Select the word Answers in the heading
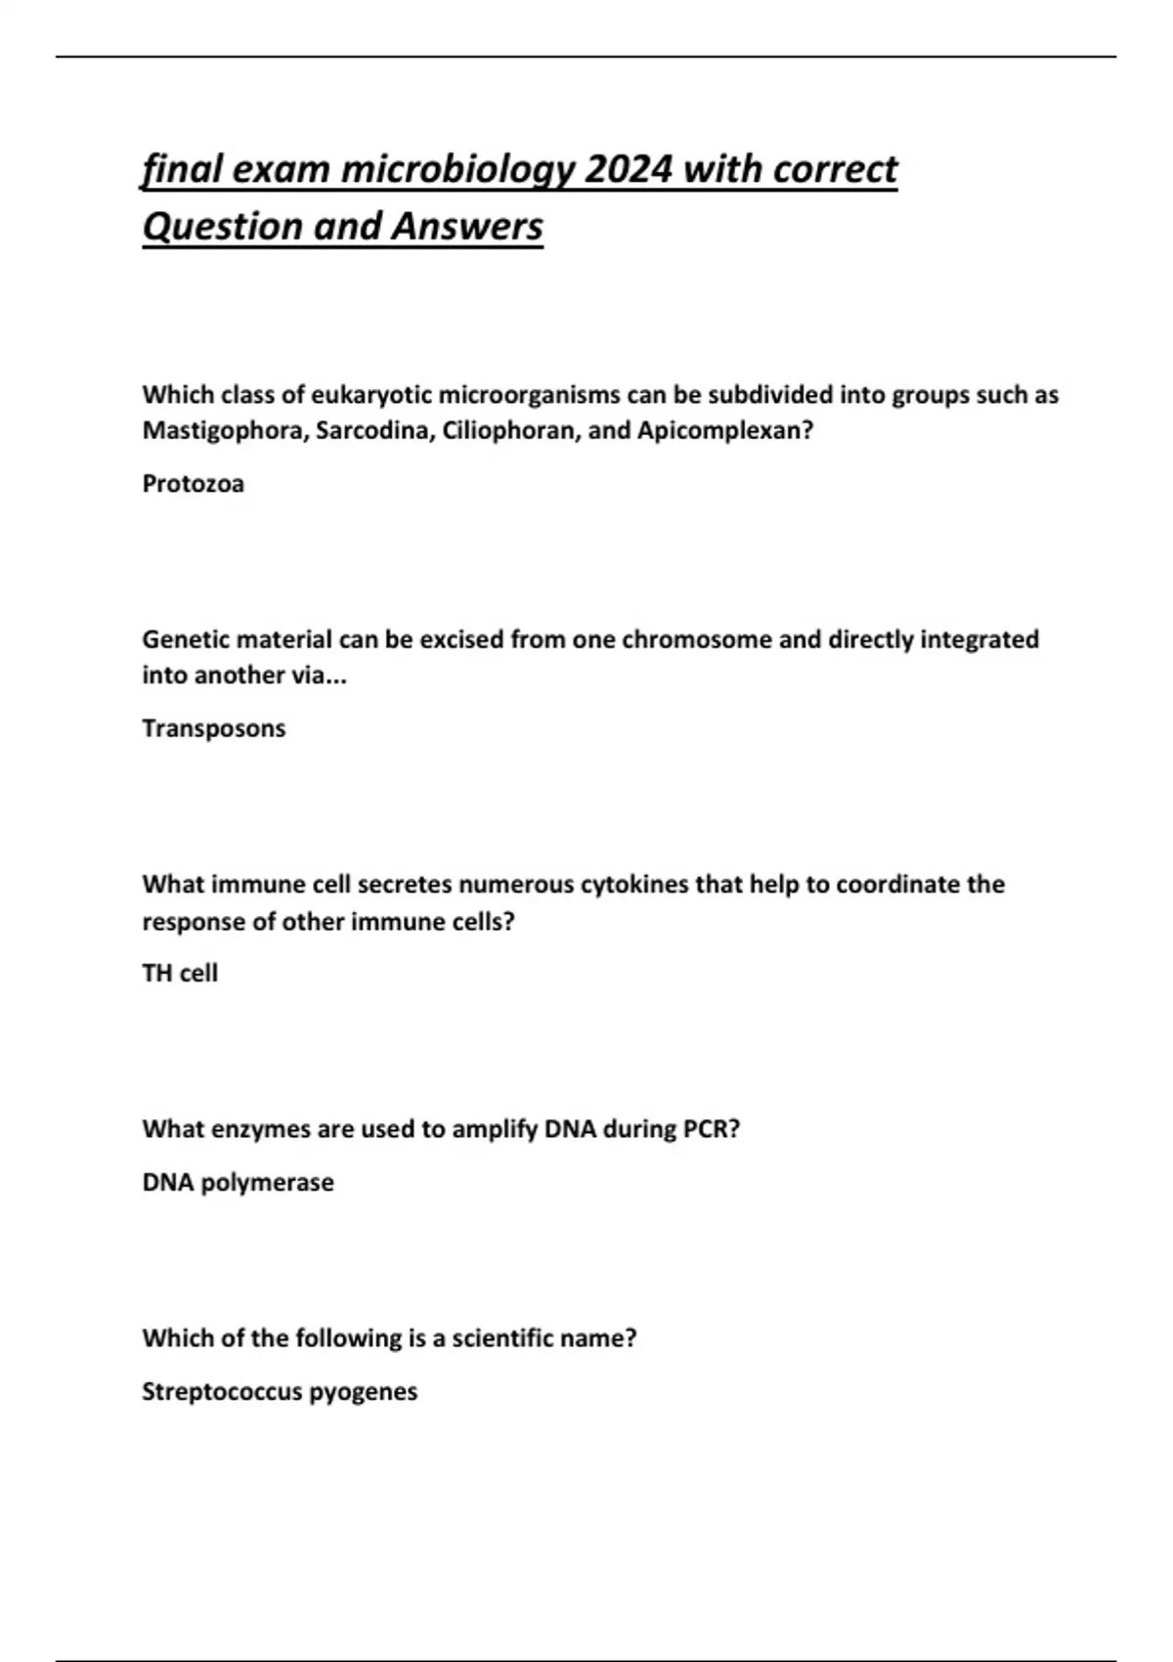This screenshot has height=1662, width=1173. (x=467, y=227)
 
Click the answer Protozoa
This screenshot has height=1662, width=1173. (x=193, y=484)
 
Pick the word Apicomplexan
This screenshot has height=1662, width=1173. (x=724, y=431)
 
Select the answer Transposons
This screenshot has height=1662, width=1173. (x=214, y=728)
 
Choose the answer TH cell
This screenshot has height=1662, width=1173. (x=180, y=974)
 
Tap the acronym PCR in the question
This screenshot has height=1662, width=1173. (x=712, y=1129)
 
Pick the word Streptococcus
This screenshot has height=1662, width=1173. (x=222, y=1391)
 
